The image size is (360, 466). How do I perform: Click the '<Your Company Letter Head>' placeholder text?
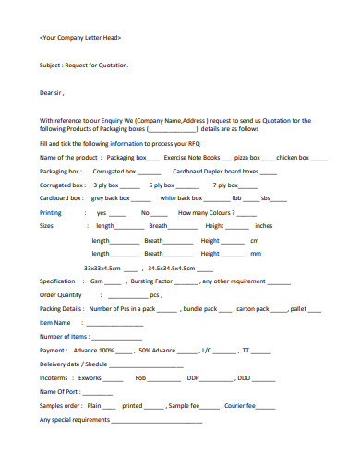[80, 38]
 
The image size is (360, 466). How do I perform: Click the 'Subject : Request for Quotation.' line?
[84, 66]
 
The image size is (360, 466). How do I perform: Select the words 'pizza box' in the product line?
[247, 159]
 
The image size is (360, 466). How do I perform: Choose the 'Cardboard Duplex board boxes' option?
[215, 172]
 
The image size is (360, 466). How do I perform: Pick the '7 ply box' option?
[226, 185]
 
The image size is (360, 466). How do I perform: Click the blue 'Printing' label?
[51, 212]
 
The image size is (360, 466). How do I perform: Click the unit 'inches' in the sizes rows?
[264, 225]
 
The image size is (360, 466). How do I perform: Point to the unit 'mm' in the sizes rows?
[256, 253]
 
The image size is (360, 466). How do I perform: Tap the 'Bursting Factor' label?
[152, 281]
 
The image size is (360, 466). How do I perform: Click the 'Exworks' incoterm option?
[90, 377]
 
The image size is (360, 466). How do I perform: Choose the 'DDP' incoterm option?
[193, 377]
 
